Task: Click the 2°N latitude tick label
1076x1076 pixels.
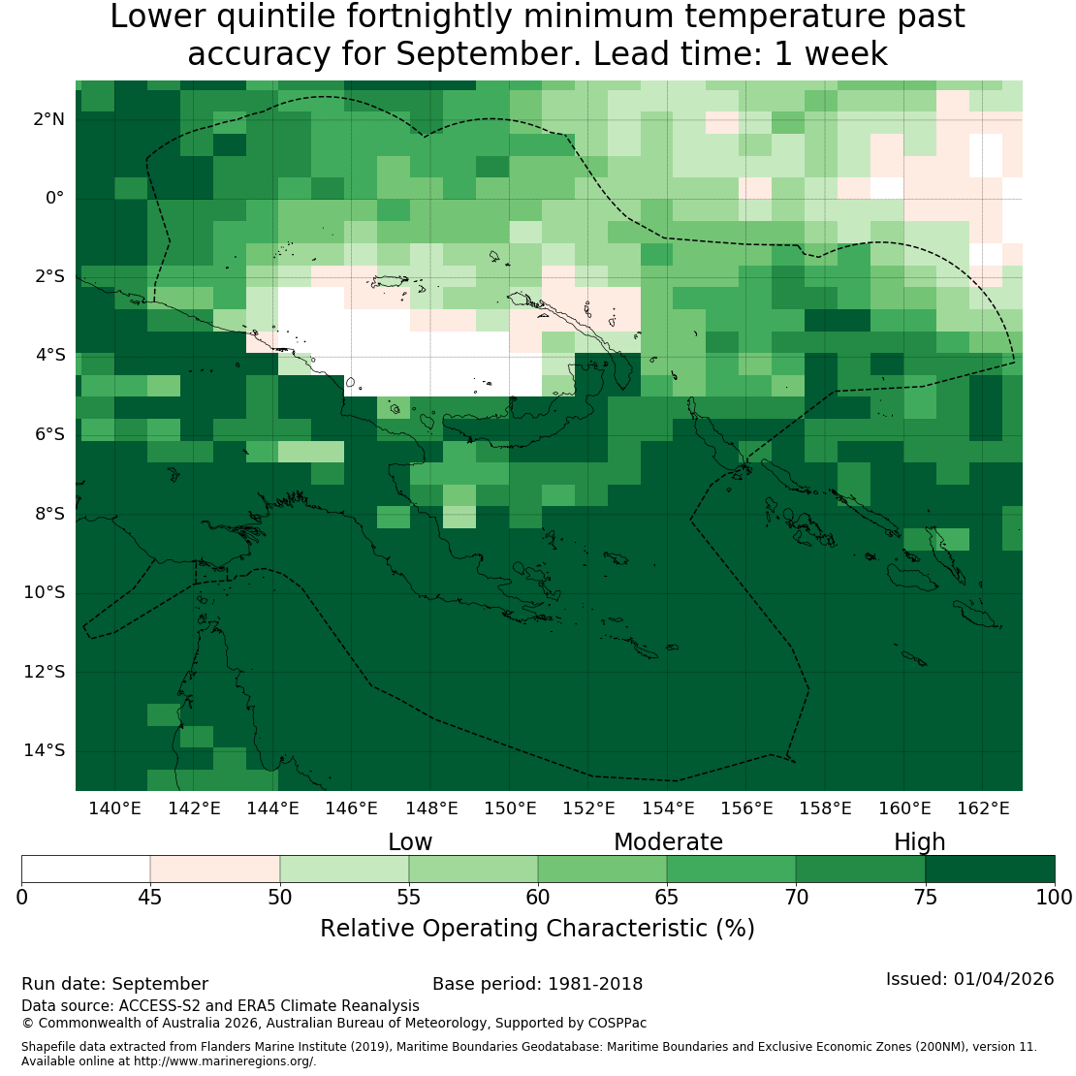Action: tap(48, 119)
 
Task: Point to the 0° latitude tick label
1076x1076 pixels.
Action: tap(54, 199)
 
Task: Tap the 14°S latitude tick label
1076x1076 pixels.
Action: tap(45, 750)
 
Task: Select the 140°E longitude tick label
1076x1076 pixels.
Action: tap(114, 808)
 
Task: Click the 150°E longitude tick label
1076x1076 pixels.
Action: tap(510, 808)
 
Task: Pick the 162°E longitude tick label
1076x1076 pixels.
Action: tap(983, 808)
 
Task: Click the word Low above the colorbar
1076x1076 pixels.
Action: tap(410, 842)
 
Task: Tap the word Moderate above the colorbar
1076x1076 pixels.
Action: tap(668, 842)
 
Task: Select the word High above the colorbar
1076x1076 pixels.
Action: tap(920, 842)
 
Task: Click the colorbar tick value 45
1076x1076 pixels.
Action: tap(150, 897)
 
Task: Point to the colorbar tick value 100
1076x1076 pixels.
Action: tap(1054, 897)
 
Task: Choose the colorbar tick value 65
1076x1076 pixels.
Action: tap(666, 897)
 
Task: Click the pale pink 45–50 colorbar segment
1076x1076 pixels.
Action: tap(215, 869)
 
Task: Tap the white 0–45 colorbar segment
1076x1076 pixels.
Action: tap(85, 869)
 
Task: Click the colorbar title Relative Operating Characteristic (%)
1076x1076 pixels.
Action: tap(537, 929)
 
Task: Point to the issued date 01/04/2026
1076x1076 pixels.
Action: tap(1003, 978)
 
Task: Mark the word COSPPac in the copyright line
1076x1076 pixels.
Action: tap(617, 1023)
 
